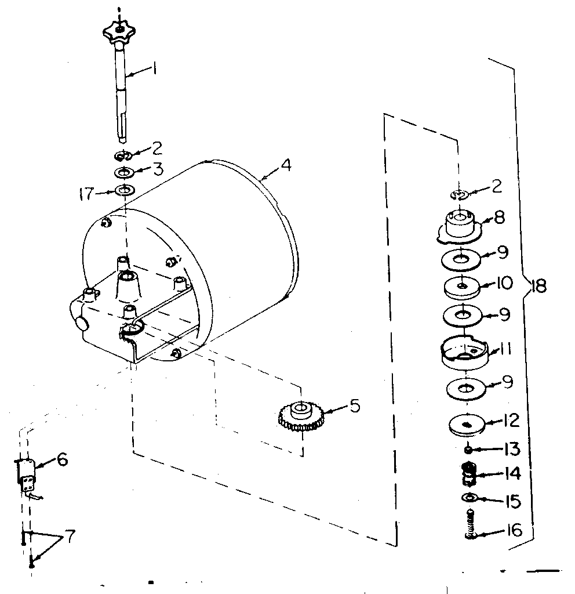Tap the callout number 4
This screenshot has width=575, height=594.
click(285, 165)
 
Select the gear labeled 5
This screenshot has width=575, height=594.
click(300, 416)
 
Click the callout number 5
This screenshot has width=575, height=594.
click(354, 405)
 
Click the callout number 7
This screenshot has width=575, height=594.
click(70, 536)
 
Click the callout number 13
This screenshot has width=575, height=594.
click(512, 449)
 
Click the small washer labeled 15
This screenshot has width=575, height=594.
click(468, 498)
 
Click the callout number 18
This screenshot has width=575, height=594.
click(539, 286)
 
